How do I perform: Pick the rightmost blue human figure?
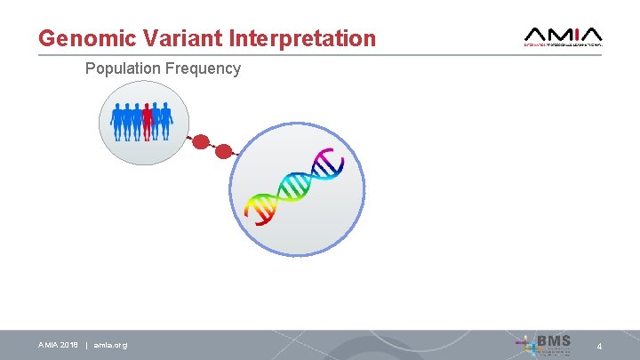point(166,121)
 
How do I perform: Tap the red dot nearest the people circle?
point(202,141)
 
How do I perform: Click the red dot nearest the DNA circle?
point(225,151)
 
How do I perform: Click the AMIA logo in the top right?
point(564,36)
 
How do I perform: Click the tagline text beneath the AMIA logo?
point(564,44)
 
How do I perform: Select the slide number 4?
point(599,346)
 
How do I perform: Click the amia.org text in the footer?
point(110,345)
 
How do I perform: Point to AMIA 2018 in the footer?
point(58,345)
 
